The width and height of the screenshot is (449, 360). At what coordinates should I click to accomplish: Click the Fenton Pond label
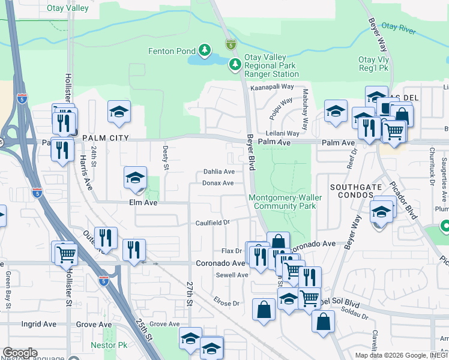coord(172,52)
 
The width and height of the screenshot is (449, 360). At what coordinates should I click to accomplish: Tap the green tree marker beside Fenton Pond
coord(205,49)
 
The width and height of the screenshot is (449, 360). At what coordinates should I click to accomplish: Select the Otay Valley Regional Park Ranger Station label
coord(271,65)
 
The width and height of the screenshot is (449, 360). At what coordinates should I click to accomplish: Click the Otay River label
coord(399,27)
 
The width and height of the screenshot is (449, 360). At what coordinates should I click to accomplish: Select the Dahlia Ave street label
coord(218,172)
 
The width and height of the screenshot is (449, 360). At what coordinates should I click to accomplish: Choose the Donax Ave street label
coord(218,183)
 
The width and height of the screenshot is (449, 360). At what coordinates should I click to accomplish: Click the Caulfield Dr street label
coord(212,223)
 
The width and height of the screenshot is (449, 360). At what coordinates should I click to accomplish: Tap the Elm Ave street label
coord(143,203)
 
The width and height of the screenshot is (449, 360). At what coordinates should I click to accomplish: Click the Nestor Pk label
coord(109,346)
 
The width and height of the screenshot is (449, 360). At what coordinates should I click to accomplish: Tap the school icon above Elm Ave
coord(136,178)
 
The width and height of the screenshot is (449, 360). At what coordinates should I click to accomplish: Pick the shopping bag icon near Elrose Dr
coord(264,310)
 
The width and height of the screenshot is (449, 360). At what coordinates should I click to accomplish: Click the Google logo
coord(20,353)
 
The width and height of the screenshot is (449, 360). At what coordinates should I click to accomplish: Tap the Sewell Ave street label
coord(232,275)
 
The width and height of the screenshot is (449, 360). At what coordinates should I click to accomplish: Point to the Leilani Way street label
coord(283,133)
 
